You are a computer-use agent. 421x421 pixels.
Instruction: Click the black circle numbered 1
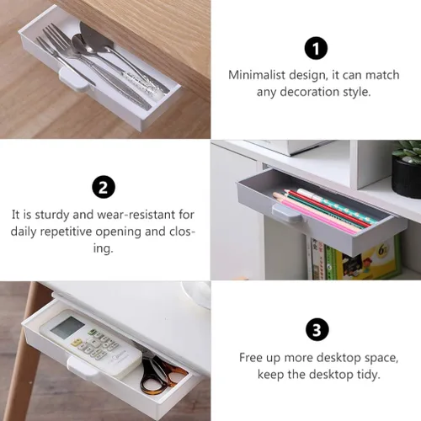point(316,48)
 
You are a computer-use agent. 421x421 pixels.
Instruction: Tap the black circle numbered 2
point(104,187)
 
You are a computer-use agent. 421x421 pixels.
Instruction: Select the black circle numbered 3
point(317,329)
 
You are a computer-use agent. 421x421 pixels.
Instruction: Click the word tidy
point(367,375)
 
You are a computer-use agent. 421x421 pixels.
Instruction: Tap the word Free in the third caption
point(251,358)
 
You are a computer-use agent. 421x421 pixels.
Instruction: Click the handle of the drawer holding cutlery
point(73,80)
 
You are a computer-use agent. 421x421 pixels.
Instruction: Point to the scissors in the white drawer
point(163,372)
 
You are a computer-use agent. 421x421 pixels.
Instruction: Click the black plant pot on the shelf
point(406,178)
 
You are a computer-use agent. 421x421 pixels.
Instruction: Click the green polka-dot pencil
point(337,205)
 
